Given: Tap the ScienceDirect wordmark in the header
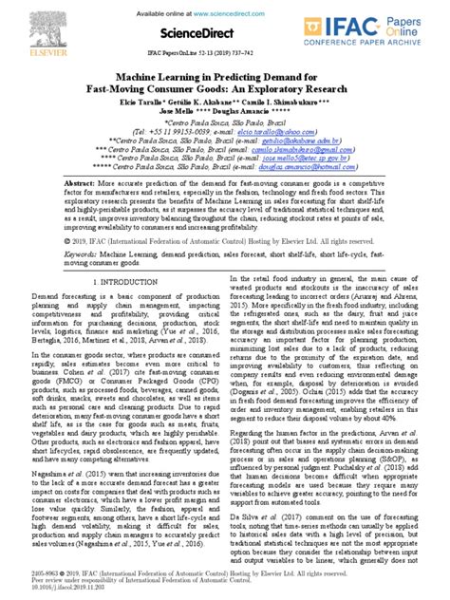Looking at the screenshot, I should [225, 34].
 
